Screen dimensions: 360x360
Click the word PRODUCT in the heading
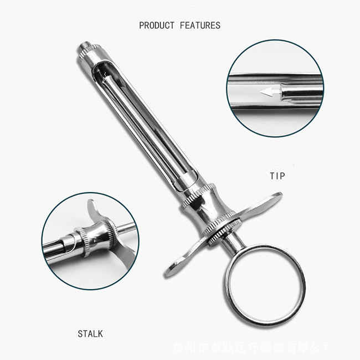click(157, 25)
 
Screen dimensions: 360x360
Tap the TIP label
click(277, 176)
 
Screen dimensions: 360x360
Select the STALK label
click(90, 334)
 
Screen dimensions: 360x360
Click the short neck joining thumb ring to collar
click(232, 237)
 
